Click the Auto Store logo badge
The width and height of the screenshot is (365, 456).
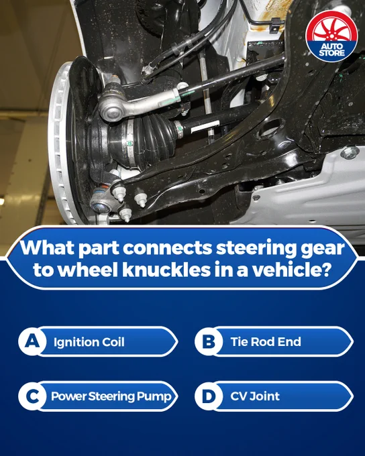[331, 37]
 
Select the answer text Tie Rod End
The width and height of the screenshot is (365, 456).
[266, 342]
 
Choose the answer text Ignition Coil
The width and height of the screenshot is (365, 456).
[89, 342]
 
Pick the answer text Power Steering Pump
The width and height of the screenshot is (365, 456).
[111, 396]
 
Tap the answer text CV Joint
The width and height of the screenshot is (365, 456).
[255, 396]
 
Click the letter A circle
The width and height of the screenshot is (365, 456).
[32, 341]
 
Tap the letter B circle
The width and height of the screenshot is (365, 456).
[209, 341]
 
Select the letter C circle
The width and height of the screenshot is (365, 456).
[32, 396]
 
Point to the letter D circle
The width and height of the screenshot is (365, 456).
[209, 396]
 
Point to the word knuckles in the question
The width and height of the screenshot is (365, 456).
[166, 270]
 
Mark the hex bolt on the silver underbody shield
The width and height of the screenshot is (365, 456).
[350, 153]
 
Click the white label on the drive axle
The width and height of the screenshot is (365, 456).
[205, 127]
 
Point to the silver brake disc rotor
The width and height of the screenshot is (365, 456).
[62, 142]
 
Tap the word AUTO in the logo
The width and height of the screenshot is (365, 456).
[331, 46]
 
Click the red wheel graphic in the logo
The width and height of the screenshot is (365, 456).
[331, 27]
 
